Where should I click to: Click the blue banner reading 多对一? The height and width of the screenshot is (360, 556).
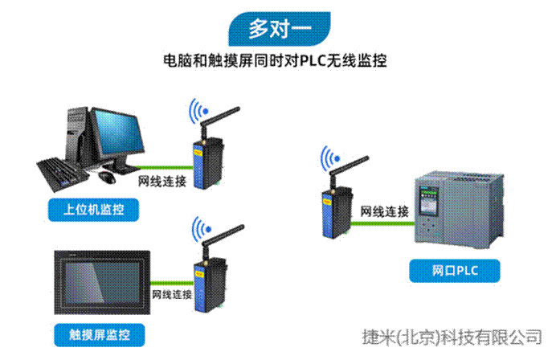pyautogui.click(x=278, y=30)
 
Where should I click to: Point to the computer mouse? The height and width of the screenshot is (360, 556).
pyautogui.click(x=106, y=174)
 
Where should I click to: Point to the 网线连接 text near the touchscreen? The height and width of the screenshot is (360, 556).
pyautogui.click(x=172, y=295)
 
